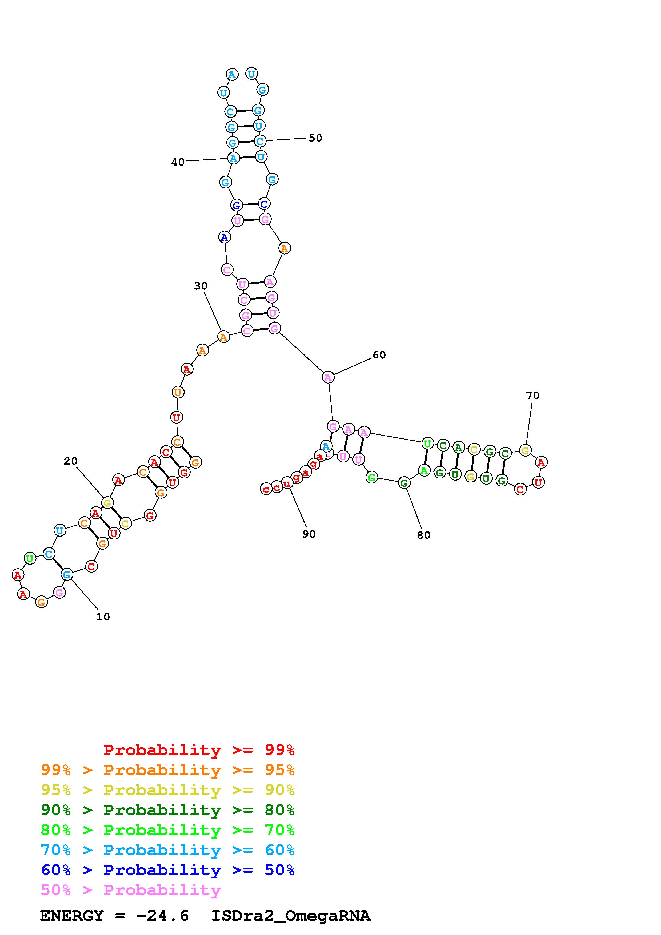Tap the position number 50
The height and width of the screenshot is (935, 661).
coord(315,138)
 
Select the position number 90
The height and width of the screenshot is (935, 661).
coord(309,534)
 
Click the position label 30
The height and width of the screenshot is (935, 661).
coord(200,286)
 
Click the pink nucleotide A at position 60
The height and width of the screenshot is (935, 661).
coord(328,377)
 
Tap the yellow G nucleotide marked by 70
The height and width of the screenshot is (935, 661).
coord(525,450)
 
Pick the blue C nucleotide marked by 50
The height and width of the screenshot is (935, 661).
coord(260,141)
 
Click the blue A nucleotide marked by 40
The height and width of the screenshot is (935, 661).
coord(233,158)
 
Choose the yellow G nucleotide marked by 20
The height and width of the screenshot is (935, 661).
coord(107,503)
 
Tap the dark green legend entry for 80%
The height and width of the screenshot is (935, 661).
coord(167,810)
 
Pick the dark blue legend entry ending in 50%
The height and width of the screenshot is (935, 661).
coord(167,870)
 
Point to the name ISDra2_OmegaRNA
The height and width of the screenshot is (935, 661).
coord(291,916)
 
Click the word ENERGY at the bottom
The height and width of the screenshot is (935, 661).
coord(72,916)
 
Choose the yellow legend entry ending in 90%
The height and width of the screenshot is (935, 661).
coord(167,790)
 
